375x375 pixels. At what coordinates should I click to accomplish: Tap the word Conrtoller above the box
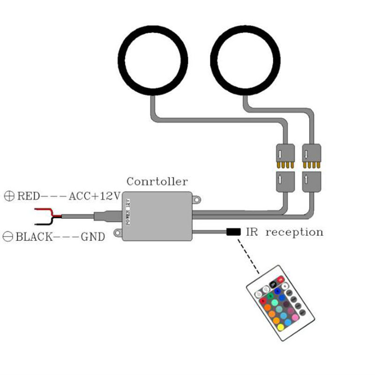[157, 181]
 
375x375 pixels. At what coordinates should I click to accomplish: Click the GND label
[93, 236]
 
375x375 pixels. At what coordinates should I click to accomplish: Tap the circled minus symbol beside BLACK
[8, 236]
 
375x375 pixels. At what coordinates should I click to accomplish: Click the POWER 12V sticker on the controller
[127, 212]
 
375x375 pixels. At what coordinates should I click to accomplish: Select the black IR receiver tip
[233, 232]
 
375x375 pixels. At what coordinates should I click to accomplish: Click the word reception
[294, 232]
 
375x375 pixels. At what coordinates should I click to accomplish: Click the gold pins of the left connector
[284, 165]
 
